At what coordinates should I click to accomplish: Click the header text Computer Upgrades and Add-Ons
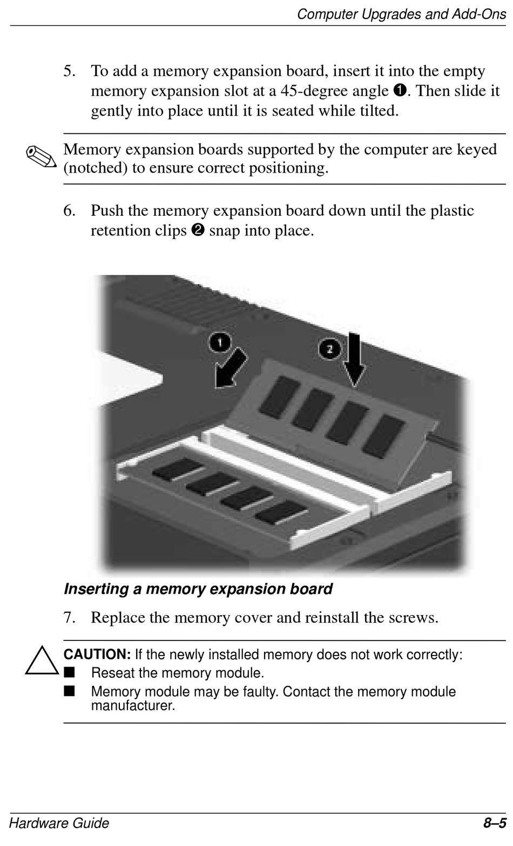pyautogui.click(x=401, y=13)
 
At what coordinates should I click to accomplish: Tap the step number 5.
pyautogui.click(x=69, y=71)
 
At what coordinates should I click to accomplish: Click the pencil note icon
pyautogui.click(x=41, y=157)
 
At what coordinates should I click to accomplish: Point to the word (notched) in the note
pyautogui.click(x=96, y=168)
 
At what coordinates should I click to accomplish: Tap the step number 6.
pyautogui.click(x=69, y=210)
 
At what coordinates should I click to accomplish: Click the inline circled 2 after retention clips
pyautogui.click(x=197, y=231)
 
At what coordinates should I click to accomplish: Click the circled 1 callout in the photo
pyautogui.click(x=220, y=342)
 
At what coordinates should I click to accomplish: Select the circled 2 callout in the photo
pyautogui.click(x=329, y=349)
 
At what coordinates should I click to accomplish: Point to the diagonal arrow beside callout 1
pyautogui.click(x=231, y=369)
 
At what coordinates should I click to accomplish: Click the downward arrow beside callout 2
pyautogui.click(x=354, y=359)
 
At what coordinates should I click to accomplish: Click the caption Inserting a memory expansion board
pyautogui.click(x=198, y=589)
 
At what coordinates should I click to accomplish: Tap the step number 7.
pyautogui.click(x=69, y=617)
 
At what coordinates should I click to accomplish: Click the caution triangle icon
pyautogui.click(x=41, y=660)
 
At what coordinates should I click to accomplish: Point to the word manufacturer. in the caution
pyautogui.click(x=133, y=705)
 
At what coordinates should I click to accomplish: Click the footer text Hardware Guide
pyautogui.click(x=59, y=823)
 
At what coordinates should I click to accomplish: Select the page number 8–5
pyautogui.click(x=495, y=823)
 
